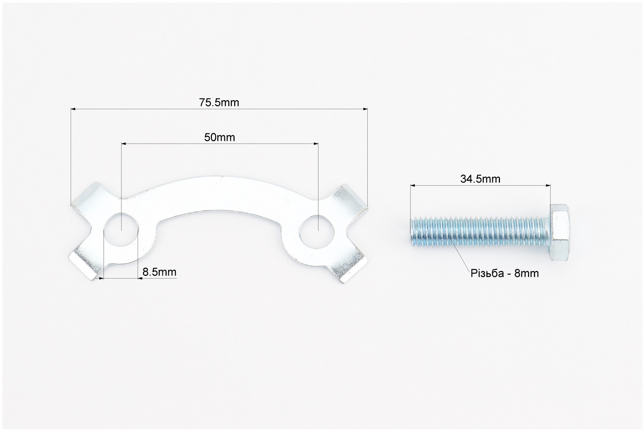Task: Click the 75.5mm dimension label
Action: pos(219,102)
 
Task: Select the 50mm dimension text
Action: pos(220,137)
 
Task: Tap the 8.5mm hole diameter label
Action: pos(159,272)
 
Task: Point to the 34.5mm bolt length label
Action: pos(480,179)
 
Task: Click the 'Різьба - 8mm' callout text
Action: pos(505,273)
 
